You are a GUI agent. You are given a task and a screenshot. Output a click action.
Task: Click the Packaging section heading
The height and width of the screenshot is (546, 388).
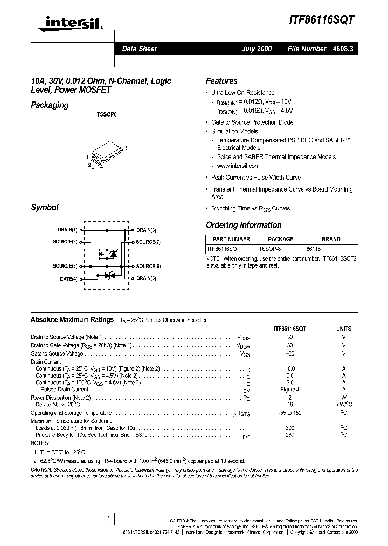tap(50, 105)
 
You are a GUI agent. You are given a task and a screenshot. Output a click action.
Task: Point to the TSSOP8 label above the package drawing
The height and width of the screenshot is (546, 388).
tap(106, 115)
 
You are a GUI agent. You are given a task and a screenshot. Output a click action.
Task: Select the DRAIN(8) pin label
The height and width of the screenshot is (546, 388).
tap(146, 230)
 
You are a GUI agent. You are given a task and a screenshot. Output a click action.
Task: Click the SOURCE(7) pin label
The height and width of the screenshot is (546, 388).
tap(148, 242)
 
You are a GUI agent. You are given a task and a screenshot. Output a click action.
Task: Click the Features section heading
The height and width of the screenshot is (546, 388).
tap(221, 81)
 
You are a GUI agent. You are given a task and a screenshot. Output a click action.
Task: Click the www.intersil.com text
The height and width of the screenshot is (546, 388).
tap(238, 166)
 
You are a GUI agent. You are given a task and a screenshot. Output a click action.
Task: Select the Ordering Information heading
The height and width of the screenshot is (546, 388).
tap(244, 225)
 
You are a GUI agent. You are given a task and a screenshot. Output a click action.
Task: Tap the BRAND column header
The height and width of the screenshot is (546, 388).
tap(331, 239)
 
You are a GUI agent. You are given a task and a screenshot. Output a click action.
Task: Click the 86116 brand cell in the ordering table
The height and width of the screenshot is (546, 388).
tap(313, 250)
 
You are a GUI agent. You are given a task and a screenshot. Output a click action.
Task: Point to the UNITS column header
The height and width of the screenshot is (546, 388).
tap(343, 329)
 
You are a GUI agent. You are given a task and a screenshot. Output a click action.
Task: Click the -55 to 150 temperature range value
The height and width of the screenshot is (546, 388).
tap(290, 412)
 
